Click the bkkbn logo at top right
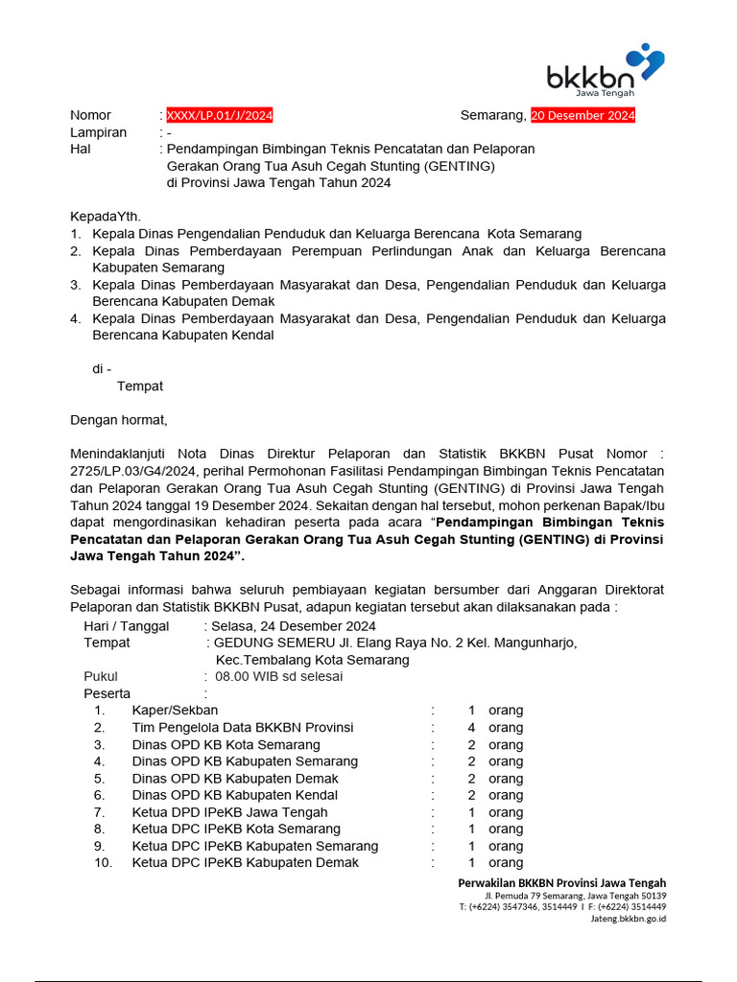pos(605,70)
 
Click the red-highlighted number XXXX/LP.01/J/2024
pos(220,115)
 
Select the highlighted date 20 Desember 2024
pos(582,115)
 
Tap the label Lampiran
pos(98,132)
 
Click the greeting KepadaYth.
pos(106,217)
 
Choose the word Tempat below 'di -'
pos(140,386)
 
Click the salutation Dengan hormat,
pos(119,420)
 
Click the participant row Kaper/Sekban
pos(175,711)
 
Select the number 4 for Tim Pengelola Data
pos(471,728)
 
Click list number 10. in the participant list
pos(103,863)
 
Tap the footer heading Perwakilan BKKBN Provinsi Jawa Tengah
pos(561,882)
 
